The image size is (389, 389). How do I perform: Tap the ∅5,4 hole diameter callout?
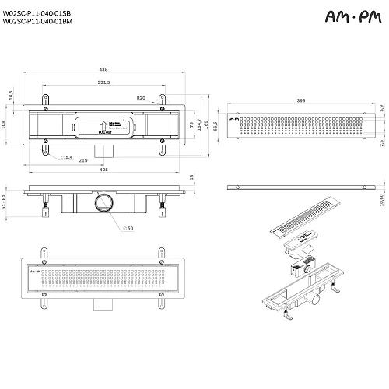click(x=67, y=158)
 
